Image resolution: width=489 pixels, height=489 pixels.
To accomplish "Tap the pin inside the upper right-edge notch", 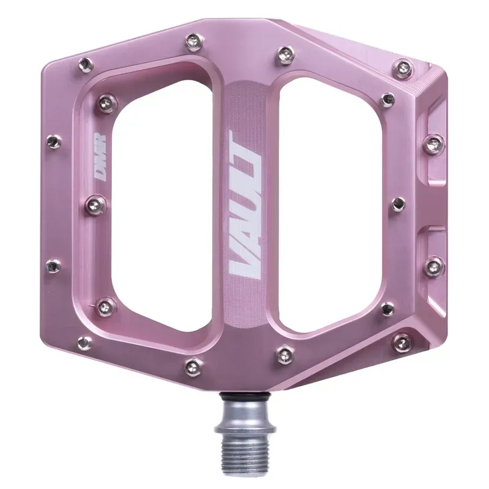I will (434, 144).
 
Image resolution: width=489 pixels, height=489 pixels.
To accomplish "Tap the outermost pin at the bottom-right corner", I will (402, 341).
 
